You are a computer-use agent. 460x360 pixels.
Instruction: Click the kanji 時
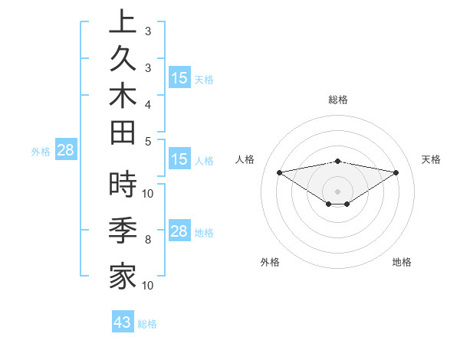pos(123,185)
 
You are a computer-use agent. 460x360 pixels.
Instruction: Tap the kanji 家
pos(123,275)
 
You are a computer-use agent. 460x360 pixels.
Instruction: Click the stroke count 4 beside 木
pos(148,103)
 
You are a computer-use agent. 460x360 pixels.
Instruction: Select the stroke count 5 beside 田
pos(148,141)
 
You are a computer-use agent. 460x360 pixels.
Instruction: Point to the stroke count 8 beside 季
pos(148,240)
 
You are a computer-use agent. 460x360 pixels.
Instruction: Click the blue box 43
pos(123,322)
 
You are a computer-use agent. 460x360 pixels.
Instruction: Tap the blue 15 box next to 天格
pos(179,78)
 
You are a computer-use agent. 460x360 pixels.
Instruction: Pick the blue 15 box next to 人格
pos(179,160)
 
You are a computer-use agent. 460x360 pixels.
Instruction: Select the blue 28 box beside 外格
pos(65,151)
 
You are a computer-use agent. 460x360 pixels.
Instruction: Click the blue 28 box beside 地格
pos(179,232)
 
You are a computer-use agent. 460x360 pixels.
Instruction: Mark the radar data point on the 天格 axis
pos(396,172)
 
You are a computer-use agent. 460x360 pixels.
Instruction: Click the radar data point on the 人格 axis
pos(279,172)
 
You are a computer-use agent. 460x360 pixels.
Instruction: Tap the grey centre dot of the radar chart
pos(337,191)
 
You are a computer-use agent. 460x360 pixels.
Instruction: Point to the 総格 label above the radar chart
pos(338,100)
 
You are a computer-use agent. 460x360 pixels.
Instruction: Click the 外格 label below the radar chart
pos(270,262)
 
